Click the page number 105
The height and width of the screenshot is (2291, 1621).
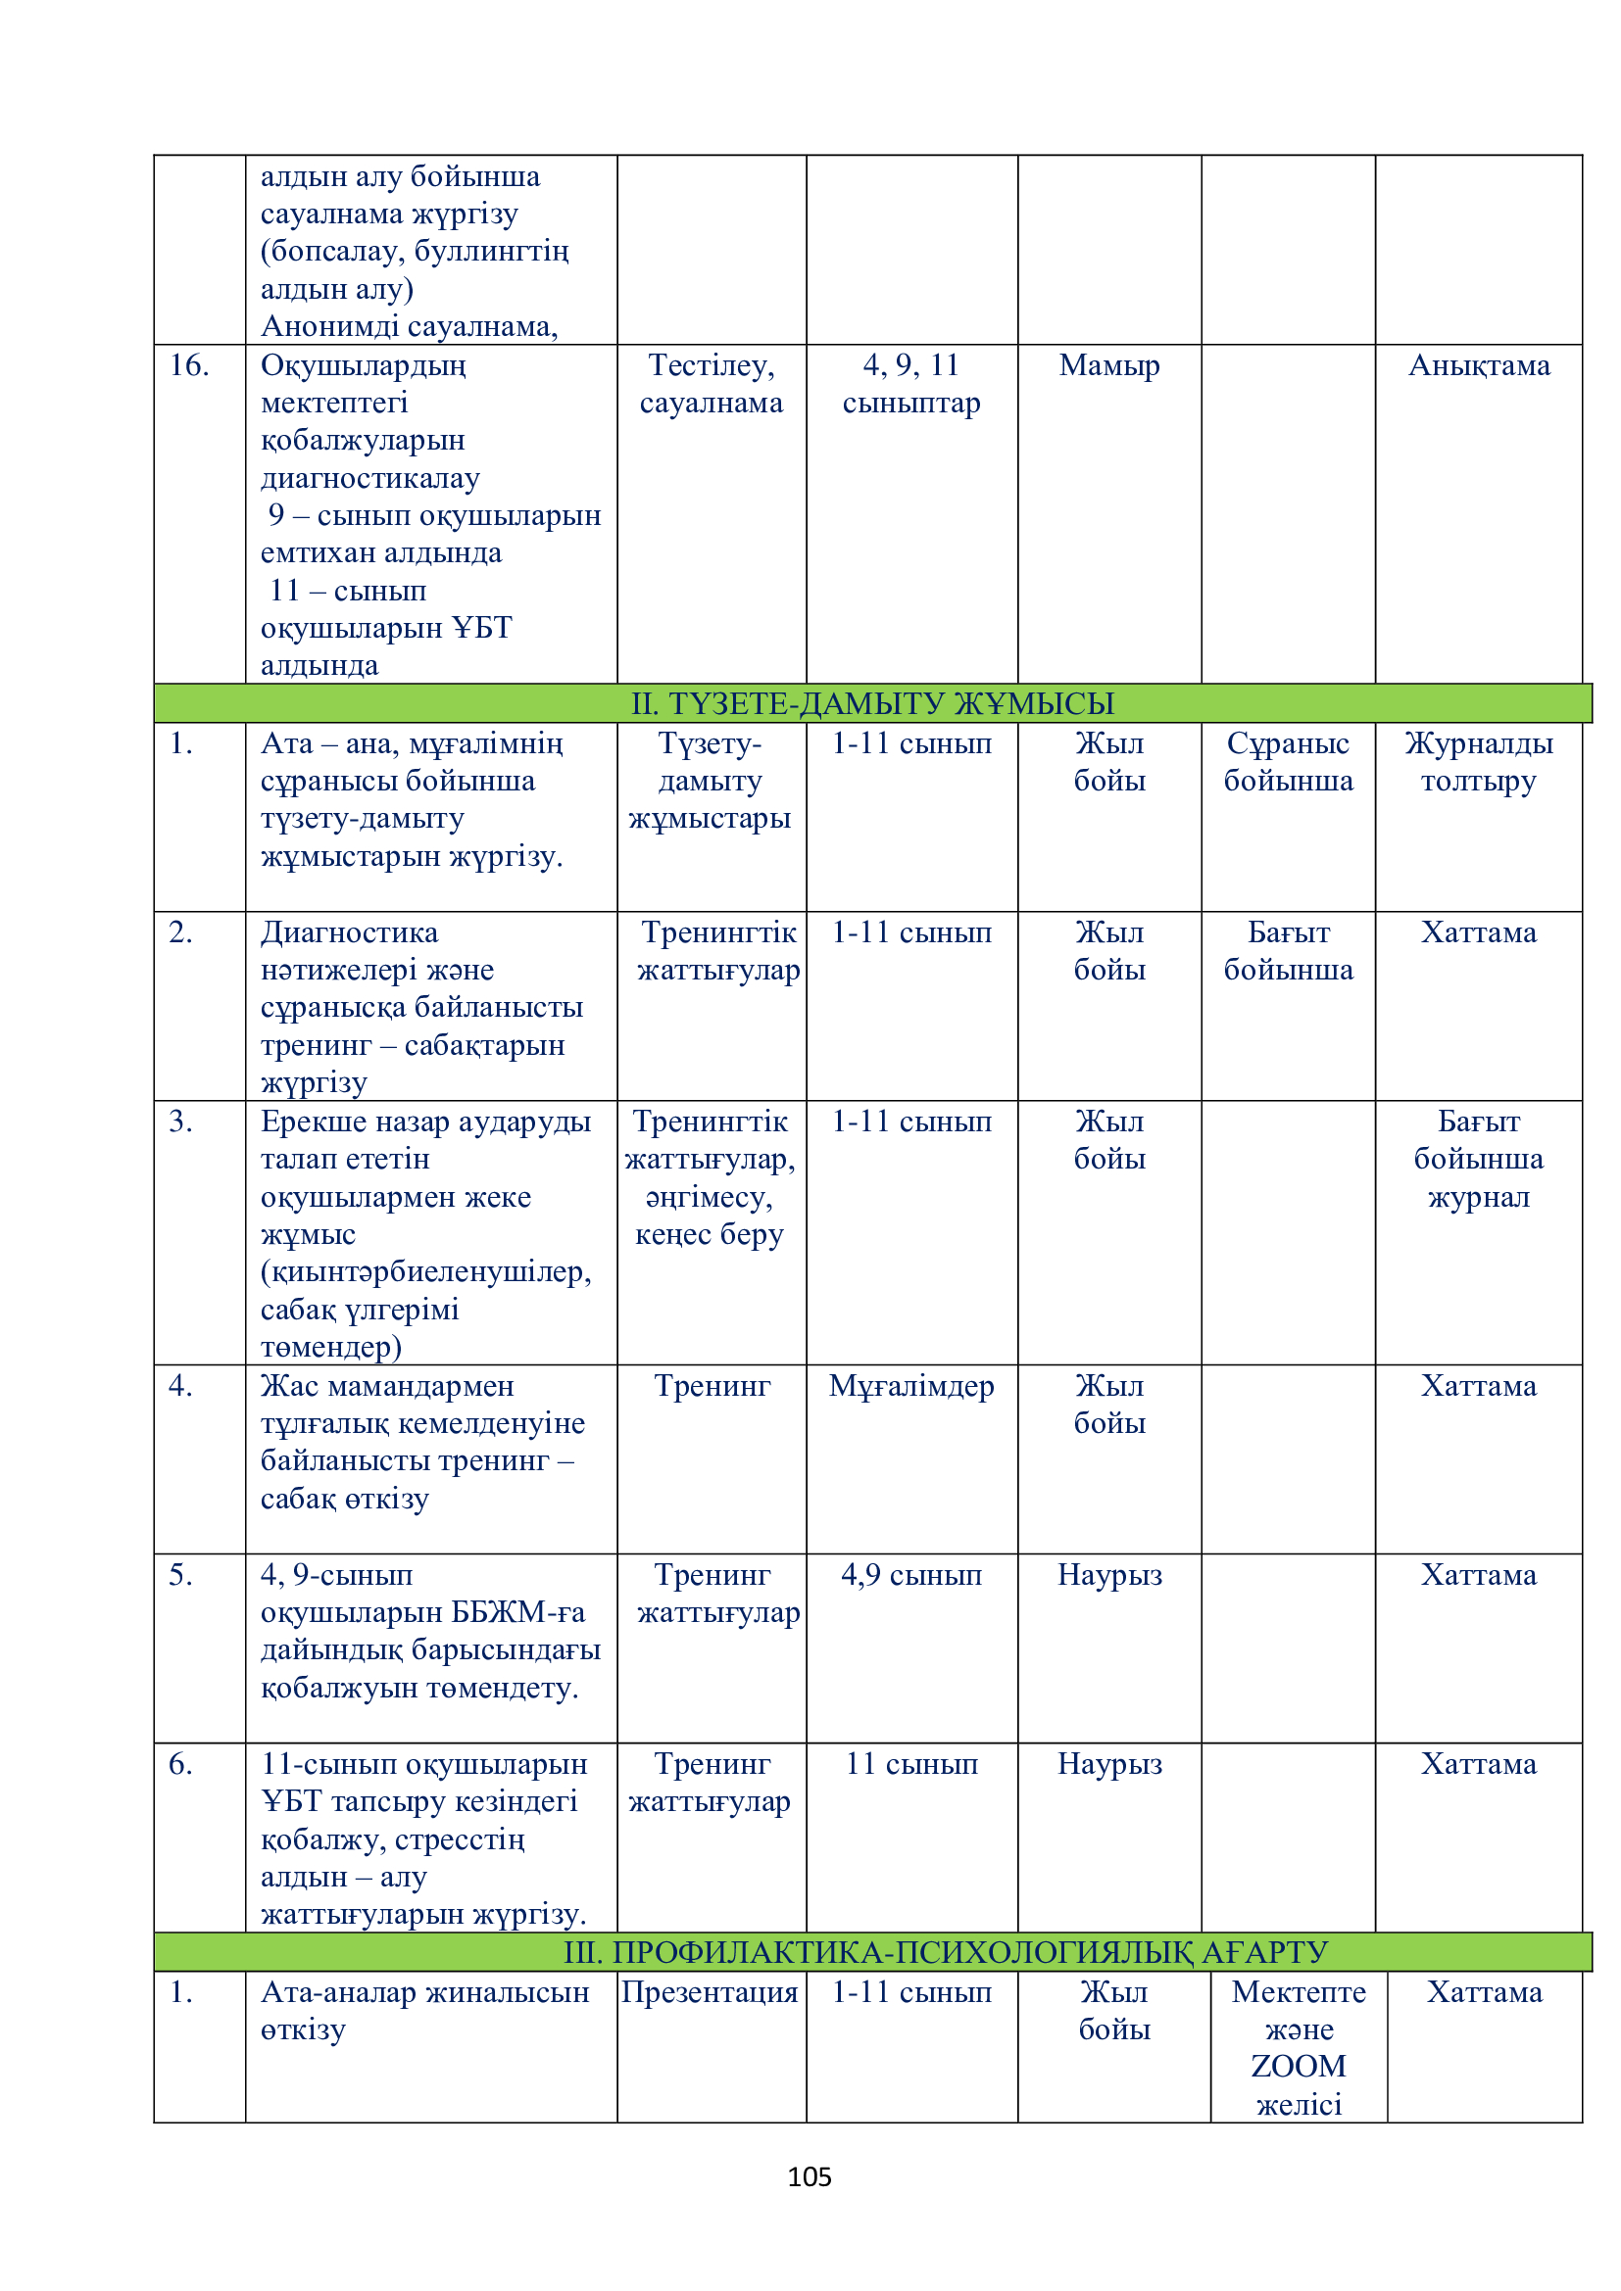coord(809,2176)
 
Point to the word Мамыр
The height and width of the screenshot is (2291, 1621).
coord(1109,365)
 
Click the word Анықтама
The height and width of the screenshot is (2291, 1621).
coord(1478,365)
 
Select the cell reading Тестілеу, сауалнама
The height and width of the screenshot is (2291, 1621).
coord(711,384)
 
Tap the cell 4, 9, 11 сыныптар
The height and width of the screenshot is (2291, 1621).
coord(911,384)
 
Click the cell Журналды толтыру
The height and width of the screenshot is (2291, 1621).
coord(1478,761)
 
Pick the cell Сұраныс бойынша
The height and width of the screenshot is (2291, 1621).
coord(1288,761)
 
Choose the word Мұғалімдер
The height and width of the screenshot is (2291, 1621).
coord(911,1386)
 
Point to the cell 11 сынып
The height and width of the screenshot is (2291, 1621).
coord(911,1764)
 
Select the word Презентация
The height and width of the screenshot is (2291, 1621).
coord(710,1991)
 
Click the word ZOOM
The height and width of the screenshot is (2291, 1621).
coord(1298,2066)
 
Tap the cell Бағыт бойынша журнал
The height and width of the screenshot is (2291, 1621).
coord(1478,1159)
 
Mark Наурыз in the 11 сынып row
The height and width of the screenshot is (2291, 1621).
coord(1109,1764)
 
